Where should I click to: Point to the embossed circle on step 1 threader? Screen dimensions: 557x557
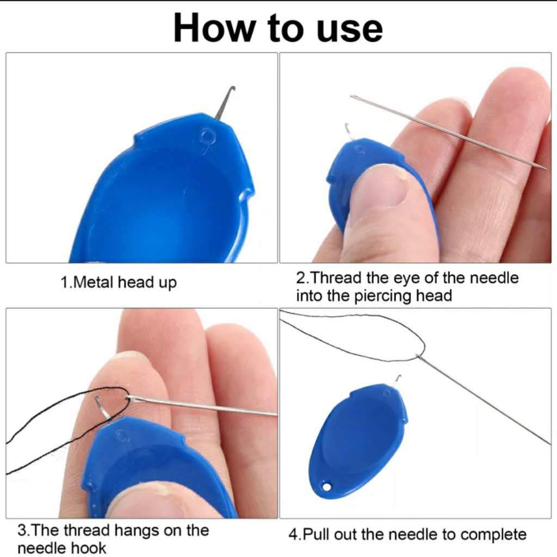point(207,136)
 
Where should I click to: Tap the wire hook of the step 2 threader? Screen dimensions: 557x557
point(350,132)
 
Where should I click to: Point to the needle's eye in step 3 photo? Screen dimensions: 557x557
point(128,399)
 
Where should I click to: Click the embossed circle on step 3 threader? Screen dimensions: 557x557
point(123,436)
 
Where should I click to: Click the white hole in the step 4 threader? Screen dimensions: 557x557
point(326,486)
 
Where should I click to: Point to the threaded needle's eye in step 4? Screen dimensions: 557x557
point(419,356)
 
